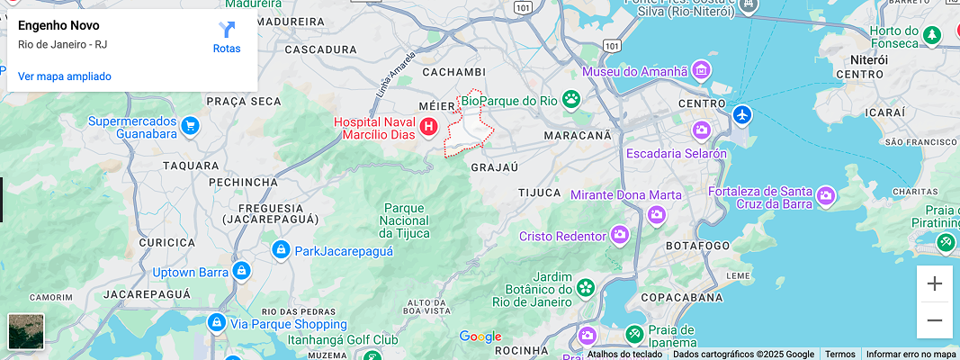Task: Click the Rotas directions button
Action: pyautogui.click(x=227, y=36)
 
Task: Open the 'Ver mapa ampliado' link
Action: pyautogui.click(x=65, y=76)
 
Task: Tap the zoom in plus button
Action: pyautogui.click(x=935, y=284)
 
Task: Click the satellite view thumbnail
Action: pyautogui.click(x=26, y=331)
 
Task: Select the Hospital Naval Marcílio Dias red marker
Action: pyautogui.click(x=429, y=128)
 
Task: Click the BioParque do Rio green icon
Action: pyautogui.click(x=571, y=99)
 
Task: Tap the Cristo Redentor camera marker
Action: pyautogui.click(x=619, y=236)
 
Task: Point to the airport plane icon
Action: pyautogui.click(x=741, y=115)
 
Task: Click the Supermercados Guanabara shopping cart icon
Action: pyautogui.click(x=189, y=126)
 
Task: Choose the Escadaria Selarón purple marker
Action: pyautogui.click(x=702, y=131)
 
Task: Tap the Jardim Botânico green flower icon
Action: pyautogui.click(x=586, y=288)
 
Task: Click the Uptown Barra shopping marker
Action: pyautogui.click(x=241, y=271)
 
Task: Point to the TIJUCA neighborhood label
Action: pyautogui.click(x=540, y=193)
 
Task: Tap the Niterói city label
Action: pyautogui.click(x=868, y=59)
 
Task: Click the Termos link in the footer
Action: pyautogui.click(x=840, y=354)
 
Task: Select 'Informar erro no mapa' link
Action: pyautogui.click(x=911, y=354)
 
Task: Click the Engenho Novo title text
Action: pyautogui.click(x=58, y=25)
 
